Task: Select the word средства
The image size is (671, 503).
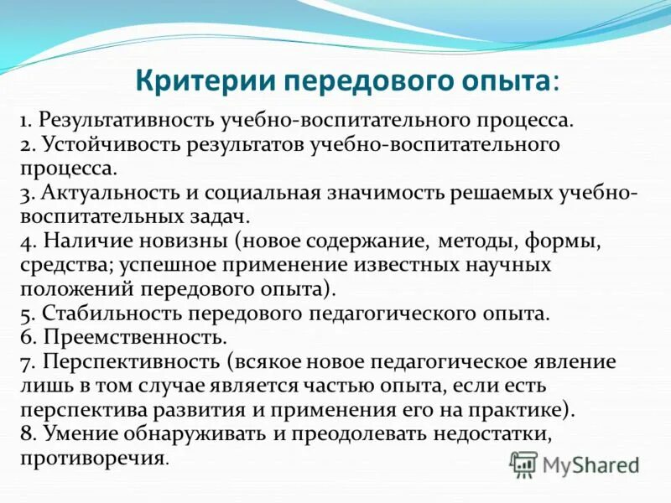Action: (62, 266)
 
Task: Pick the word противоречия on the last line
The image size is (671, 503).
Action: (94, 459)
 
